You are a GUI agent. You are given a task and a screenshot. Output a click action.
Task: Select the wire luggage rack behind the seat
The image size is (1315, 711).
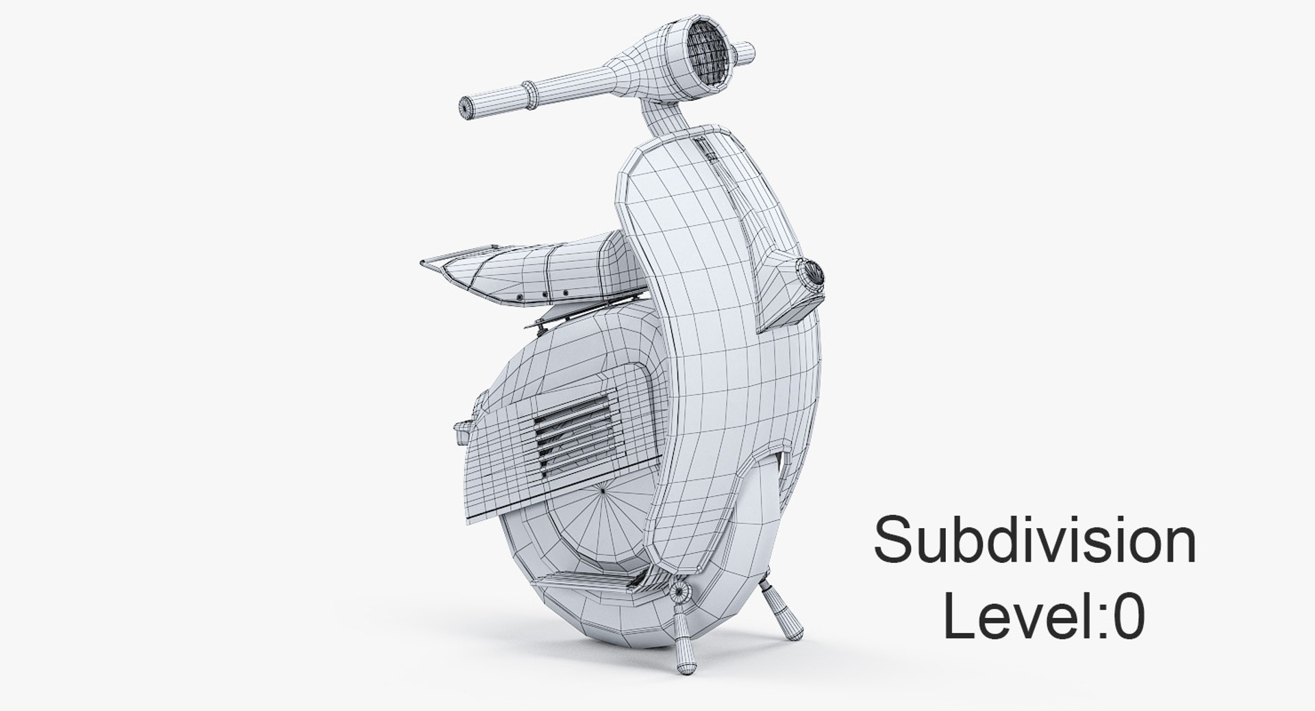[x=438, y=266]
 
